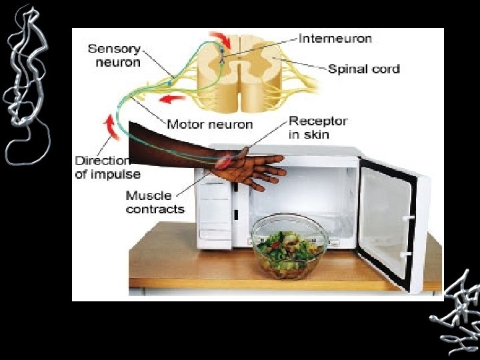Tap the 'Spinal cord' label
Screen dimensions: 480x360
pyautogui.click(x=363, y=69)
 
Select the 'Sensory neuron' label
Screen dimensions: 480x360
pyautogui.click(x=114, y=55)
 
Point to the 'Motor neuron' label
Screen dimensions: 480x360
pyautogui.click(x=209, y=124)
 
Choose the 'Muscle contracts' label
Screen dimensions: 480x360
pyautogui.click(x=155, y=202)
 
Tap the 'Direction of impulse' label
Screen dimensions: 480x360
pyautogui.click(x=107, y=167)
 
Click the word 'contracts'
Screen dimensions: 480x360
pyautogui.click(x=155, y=209)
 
